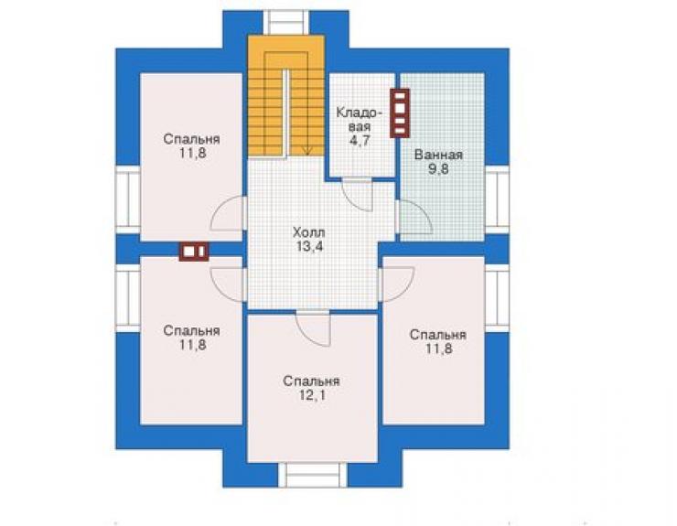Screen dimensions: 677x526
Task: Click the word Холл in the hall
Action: click(x=308, y=232)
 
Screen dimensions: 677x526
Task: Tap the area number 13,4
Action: click(x=309, y=247)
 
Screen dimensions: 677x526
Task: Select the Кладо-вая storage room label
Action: click(x=360, y=120)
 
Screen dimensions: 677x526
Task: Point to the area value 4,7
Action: click(x=360, y=141)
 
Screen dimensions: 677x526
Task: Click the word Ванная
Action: click(x=438, y=155)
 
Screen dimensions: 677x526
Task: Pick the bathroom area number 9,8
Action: click(x=438, y=169)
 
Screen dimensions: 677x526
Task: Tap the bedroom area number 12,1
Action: click(x=312, y=395)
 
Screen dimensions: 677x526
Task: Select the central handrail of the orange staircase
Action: click(x=285, y=113)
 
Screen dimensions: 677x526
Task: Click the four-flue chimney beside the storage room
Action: click(x=400, y=113)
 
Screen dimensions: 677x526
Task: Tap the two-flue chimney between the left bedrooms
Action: click(x=194, y=252)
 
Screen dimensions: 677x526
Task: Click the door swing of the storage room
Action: click(x=357, y=194)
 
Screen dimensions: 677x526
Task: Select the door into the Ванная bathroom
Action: click(x=414, y=217)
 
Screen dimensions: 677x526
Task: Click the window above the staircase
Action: click(x=286, y=23)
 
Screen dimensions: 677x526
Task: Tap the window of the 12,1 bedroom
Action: click(x=313, y=475)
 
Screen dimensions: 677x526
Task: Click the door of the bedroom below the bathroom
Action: click(x=396, y=284)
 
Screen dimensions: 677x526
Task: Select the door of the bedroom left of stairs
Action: click(x=229, y=213)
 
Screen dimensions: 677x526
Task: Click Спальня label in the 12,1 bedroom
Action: click(x=311, y=381)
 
